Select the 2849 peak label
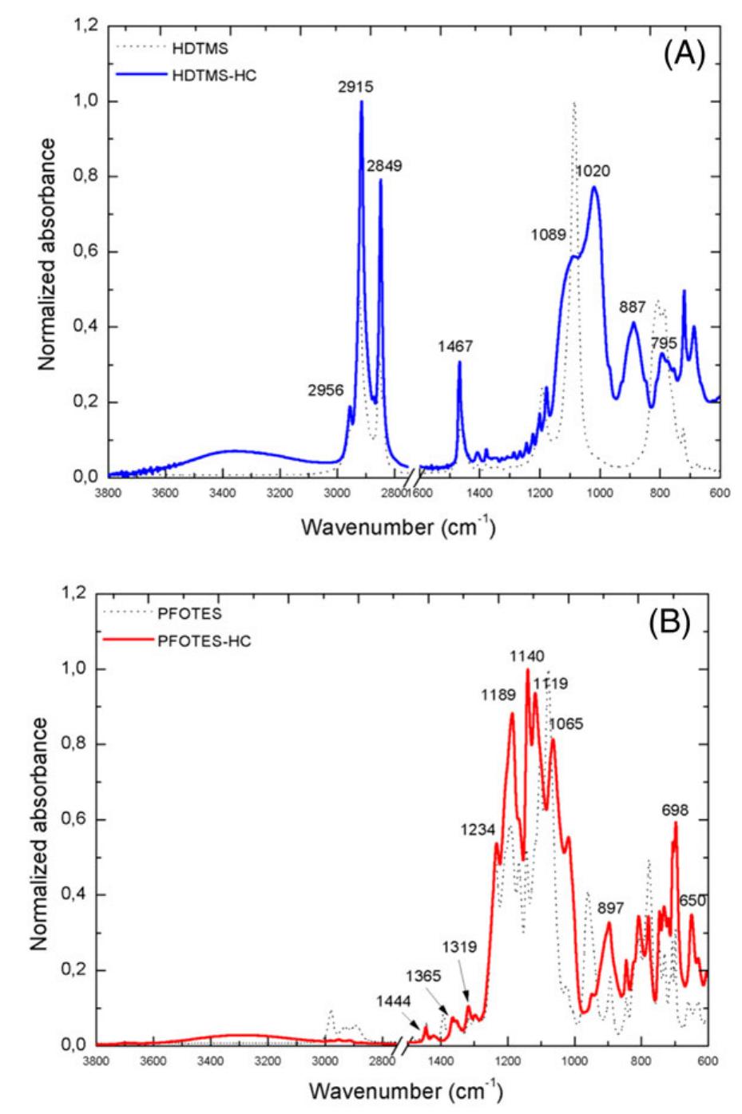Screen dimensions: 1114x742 click(x=384, y=166)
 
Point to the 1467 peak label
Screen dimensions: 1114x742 click(x=455, y=347)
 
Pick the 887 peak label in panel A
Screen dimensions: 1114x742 click(x=632, y=307)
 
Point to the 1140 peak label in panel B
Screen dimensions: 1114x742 click(x=527, y=655)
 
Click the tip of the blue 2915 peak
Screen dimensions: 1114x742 click(x=362, y=101)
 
